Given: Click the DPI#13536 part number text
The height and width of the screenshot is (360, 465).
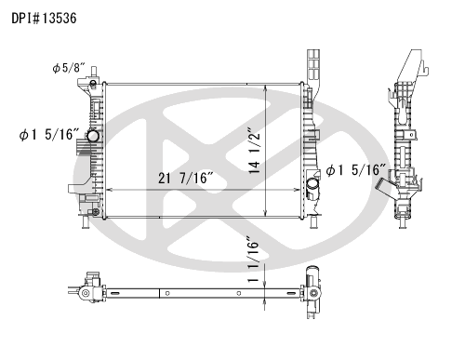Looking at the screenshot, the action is coord(44,18).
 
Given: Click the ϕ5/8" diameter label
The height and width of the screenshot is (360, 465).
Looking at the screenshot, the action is coord(69,68).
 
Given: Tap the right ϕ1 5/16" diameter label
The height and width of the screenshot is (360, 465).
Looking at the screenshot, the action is coord(356,170).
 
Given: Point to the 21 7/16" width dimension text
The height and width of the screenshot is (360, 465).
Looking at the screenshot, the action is coord(186,178).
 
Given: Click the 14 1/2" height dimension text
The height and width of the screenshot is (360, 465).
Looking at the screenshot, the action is coord(254,150).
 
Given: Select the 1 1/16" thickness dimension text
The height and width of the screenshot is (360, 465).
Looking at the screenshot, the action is coord(253,260).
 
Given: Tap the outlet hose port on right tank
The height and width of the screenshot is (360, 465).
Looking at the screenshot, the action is coord(312,184).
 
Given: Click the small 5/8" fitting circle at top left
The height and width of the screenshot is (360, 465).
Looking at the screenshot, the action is coord(93,83).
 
